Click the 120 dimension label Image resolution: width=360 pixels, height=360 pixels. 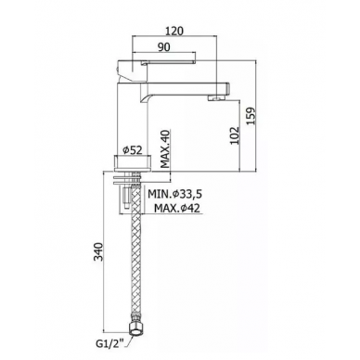coord(174,31)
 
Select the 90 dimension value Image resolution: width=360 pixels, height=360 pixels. coord(164,46)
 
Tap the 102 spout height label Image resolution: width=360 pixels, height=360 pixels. coord(235,135)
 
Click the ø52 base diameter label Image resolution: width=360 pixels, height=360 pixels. coord(133,150)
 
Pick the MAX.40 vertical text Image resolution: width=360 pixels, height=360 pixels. coord(165,149)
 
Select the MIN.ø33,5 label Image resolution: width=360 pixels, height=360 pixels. coord(174,194)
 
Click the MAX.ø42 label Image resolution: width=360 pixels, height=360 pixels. coord(177,209)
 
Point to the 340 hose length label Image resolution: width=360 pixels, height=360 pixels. coord(98,252)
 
